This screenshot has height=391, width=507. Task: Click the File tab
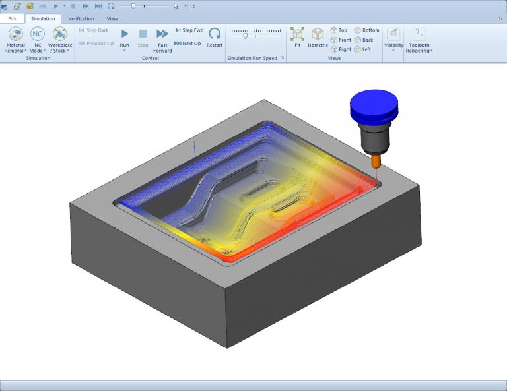click(12, 19)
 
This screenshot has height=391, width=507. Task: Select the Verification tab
click(81, 19)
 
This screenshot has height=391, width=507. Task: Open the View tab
click(112, 19)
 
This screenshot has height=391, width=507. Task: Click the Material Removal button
click(15, 39)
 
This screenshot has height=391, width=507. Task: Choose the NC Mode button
click(38, 39)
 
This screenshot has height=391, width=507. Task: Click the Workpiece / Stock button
click(59, 39)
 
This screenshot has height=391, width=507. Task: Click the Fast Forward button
click(162, 39)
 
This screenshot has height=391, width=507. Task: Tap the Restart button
click(214, 37)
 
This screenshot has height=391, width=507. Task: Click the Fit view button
click(297, 38)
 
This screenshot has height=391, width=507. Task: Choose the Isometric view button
click(318, 38)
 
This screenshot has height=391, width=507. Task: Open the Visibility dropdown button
click(393, 39)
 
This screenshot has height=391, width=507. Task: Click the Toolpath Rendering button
click(419, 39)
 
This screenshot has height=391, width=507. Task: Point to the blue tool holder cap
click(374, 105)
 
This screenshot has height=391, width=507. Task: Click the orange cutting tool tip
click(376, 160)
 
